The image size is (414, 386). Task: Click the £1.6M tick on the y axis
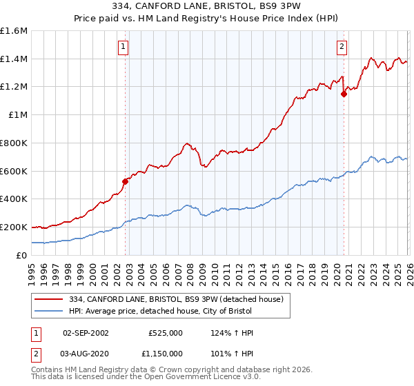[14, 31]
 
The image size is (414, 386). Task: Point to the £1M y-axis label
[17, 115]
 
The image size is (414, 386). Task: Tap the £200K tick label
[14, 227]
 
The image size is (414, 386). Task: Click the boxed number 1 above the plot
[123, 47]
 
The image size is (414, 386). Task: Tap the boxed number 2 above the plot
[342, 47]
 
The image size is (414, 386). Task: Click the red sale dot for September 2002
[125, 182]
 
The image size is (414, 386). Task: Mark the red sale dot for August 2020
[344, 94]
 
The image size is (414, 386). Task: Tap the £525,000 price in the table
[165, 333]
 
